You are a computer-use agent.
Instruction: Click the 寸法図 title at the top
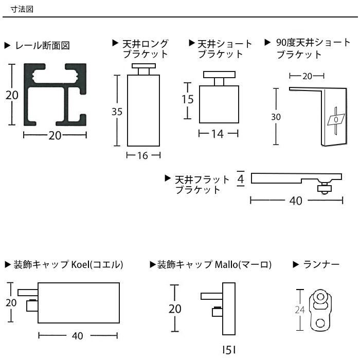click(22, 9)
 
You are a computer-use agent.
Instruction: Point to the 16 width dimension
click(143, 155)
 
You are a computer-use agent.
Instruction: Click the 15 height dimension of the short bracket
click(188, 99)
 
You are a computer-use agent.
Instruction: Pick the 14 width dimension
click(218, 134)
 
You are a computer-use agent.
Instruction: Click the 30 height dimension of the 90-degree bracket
click(276, 117)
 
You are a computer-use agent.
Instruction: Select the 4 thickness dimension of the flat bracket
click(240, 178)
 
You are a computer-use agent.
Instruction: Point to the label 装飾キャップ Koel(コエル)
click(69, 265)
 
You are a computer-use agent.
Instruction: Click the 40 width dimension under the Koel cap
click(78, 336)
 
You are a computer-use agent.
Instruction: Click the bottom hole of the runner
click(320, 323)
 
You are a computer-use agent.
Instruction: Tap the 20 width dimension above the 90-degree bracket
click(307, 76)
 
